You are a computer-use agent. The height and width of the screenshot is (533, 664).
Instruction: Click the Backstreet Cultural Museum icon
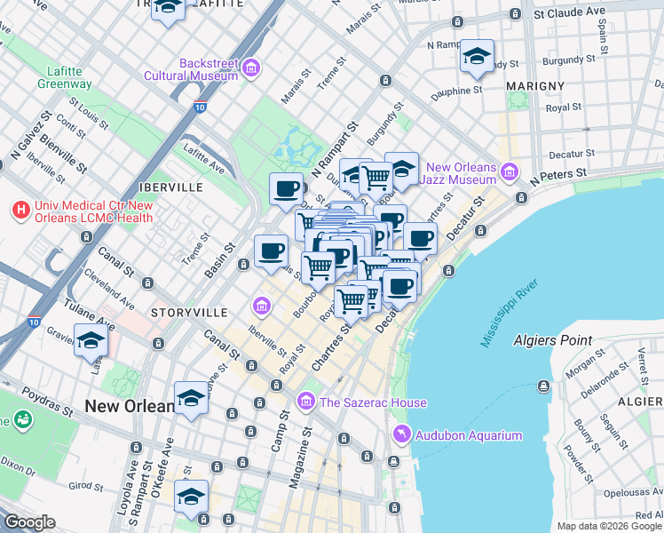[251, 68]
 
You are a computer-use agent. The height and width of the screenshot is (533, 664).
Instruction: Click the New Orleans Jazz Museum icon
[510, 172]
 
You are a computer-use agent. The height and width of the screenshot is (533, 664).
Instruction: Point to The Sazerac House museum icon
[306, 402]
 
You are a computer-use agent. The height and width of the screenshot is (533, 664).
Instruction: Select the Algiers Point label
[552, 340]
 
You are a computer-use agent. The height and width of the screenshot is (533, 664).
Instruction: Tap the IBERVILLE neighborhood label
[171, 187]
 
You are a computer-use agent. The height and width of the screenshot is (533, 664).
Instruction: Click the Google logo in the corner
[29, 522]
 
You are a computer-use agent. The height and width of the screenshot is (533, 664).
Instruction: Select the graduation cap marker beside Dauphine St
[477, 58]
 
